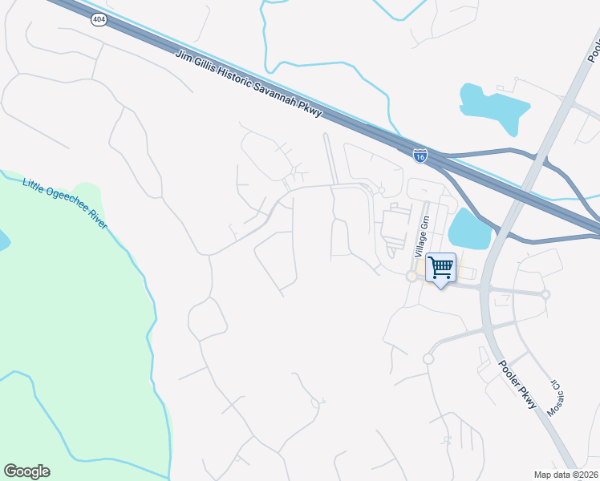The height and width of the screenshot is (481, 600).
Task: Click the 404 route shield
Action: (99, 20)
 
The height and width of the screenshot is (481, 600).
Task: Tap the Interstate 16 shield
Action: (420, 155)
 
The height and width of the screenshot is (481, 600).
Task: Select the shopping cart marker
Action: (440, 268)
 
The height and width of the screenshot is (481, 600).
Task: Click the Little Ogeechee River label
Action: (64, 203)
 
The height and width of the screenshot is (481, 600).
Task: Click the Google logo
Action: (26, 471)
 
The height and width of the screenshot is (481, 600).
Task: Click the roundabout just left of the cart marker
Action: (411, 276)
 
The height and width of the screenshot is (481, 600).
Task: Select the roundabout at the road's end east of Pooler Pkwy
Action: (545, 294)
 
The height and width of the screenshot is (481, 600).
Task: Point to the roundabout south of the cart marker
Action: (428, 358)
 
